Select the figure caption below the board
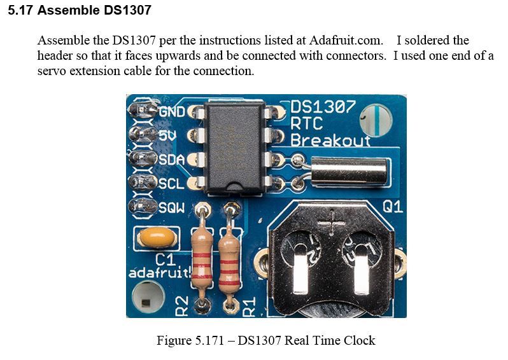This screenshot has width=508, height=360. [x=265, y=340]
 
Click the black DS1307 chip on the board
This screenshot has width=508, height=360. [x=233, y=147]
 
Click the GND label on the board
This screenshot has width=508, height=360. [x=171, y=112]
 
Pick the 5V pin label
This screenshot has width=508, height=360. [x=167, y=135]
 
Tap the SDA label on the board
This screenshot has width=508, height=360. [x=171, y=160]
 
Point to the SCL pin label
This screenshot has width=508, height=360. [x=171, y=183]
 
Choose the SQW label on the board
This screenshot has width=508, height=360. [x=172, y=207]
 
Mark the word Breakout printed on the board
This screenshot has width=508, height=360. [x=330, y=139]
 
